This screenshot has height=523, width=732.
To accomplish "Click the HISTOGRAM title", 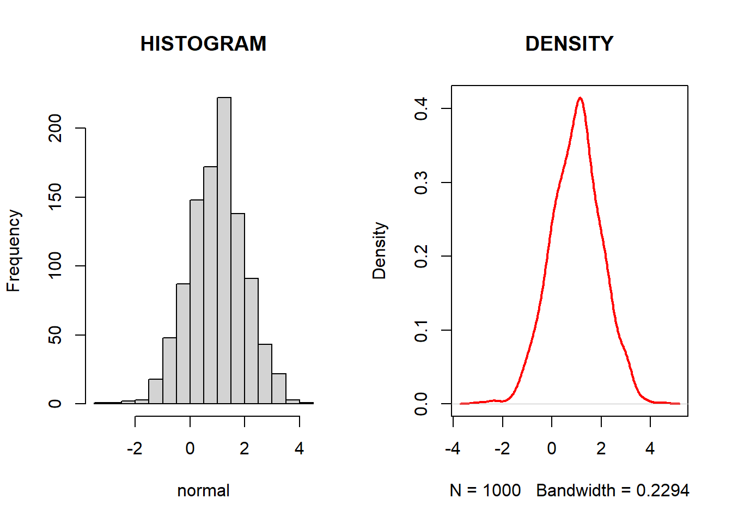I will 203,44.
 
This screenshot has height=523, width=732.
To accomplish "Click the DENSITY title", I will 569,44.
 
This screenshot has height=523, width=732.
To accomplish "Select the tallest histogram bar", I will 224,251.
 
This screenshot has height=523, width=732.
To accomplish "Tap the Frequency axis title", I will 13,251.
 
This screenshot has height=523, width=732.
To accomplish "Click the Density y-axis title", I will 379,251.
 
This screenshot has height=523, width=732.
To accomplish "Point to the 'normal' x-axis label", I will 203,490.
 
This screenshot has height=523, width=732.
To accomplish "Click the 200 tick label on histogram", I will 55,128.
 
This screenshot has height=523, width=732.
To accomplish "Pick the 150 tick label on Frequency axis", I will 55,197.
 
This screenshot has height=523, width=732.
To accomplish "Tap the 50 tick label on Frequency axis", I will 55,335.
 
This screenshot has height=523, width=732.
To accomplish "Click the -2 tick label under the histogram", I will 135,448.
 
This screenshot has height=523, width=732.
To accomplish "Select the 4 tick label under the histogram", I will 299,448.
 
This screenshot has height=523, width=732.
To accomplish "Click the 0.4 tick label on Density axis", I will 421,108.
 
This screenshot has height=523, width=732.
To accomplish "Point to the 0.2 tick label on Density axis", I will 421,256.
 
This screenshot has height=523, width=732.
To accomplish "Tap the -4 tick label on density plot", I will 453,448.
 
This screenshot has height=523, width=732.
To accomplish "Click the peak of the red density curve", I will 581,98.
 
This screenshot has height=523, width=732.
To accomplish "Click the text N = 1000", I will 485,490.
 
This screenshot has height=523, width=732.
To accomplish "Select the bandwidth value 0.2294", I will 662,490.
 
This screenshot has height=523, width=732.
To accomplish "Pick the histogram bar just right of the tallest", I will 237,308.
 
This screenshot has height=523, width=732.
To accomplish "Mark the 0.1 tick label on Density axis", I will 421,330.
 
